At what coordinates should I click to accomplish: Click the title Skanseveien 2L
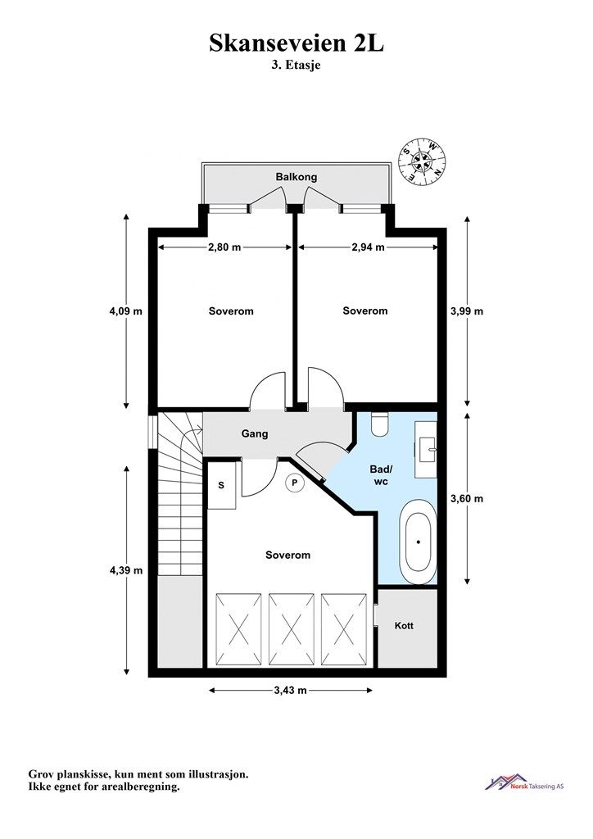(296, 43)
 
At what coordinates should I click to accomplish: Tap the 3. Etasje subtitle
(296, 66)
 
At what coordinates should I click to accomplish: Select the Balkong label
(296, 177)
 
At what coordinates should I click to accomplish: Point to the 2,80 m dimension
(224, 247)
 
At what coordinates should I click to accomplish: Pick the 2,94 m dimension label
(369, 247)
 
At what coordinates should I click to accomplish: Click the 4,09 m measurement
(125, 311)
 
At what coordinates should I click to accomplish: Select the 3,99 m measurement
(467, 311)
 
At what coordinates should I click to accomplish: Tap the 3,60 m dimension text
(467, 499)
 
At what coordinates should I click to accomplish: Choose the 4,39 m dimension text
(126, 570)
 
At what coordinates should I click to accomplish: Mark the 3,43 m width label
(290, 690)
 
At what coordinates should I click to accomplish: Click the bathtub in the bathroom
(419, 542)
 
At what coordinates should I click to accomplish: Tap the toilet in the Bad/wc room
(381, 424)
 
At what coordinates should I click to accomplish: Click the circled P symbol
(294, 483)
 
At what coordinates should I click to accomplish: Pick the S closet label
(221, 485)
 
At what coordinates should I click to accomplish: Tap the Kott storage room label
(404, 625)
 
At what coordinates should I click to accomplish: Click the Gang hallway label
(255, 434)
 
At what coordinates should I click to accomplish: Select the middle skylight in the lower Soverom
(290, 628)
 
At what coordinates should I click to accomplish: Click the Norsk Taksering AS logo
(524, 783)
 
